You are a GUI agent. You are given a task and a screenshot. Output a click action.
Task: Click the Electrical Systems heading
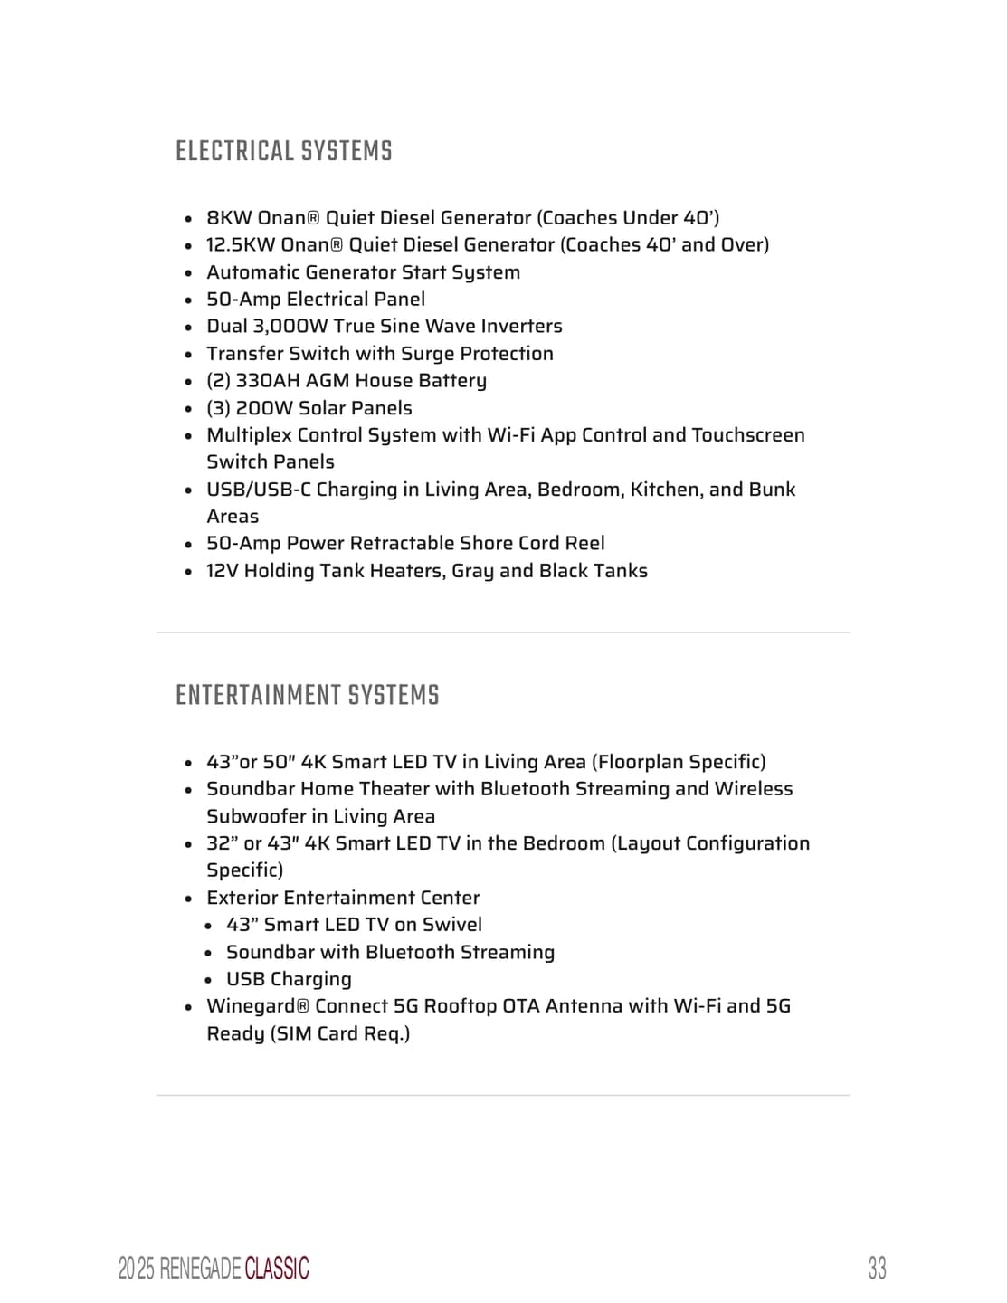pos(283,151)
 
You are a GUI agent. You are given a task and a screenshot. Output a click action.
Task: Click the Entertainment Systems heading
pos(307,695)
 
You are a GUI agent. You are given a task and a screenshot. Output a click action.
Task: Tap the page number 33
pos(877,1268)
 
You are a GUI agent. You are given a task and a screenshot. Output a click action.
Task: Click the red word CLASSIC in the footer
pos(277,1269)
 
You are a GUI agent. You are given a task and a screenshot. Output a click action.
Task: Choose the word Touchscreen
pos(747,435)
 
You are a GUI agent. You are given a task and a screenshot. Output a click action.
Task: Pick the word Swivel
pos(452,925)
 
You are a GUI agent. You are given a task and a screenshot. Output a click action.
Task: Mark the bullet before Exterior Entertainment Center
pos(188,899)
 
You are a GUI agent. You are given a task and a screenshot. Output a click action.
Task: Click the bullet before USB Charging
pos(208,980)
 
